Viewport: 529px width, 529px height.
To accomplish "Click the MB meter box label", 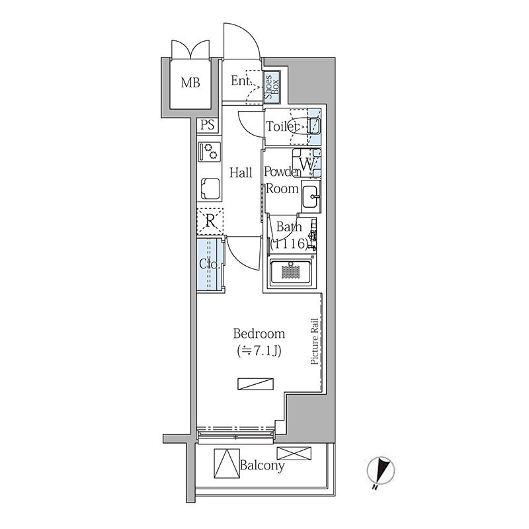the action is (x=190, y=83).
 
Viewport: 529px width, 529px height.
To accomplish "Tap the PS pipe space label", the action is (x=208, y=125).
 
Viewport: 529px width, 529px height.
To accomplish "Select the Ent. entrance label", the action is (x=241, y=81).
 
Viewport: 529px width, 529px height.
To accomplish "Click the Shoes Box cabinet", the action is (x=272, y=87).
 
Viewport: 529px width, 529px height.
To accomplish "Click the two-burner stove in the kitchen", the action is (x=210, y=151).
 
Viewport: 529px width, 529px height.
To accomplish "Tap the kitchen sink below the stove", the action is (x=210, y=188).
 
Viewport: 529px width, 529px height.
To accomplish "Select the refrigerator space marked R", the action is (x=210, y=222).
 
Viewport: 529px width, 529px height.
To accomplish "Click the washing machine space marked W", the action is (x=307, y=163).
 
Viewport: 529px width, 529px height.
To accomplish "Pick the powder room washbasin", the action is (x=311, y=196).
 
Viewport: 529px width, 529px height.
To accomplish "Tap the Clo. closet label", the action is (x=210, y=264).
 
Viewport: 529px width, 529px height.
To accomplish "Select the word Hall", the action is (x=241, y=173).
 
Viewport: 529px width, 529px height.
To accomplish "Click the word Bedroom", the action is (x=259, y=334).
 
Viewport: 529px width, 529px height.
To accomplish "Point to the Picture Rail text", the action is (x=315, y=341).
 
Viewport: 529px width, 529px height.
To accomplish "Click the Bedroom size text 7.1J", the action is (x=259, y=351).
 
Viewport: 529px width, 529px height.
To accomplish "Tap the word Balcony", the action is (x=262, y=466).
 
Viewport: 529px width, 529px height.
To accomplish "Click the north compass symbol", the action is (x=381, y=470).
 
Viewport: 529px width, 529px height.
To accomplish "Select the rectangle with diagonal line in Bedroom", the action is (x=255, y=384).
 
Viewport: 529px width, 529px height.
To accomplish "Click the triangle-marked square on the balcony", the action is (x=227, y=463).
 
